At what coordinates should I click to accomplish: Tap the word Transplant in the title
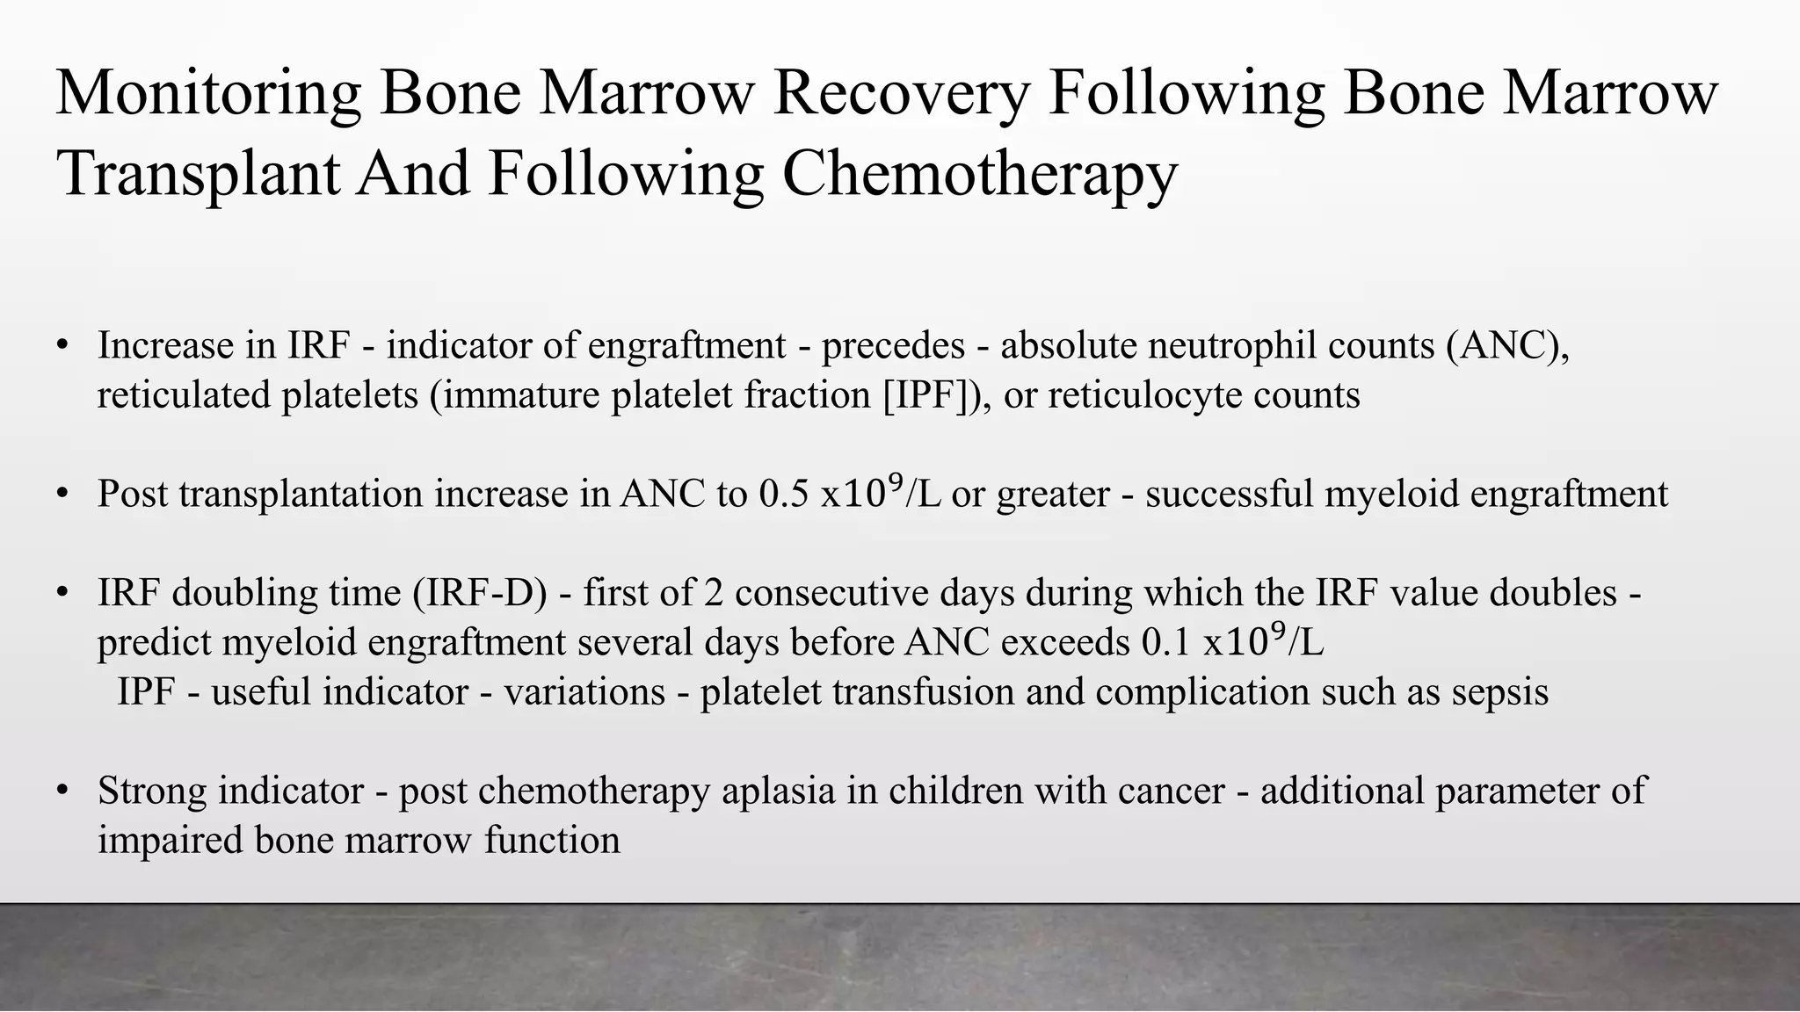198,173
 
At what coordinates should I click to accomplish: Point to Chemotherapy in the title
979,173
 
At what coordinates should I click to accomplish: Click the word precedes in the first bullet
893,345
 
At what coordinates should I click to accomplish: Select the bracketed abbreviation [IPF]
934,395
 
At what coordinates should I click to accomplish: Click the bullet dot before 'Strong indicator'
62,791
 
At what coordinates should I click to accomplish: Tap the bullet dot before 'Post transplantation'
62,494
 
